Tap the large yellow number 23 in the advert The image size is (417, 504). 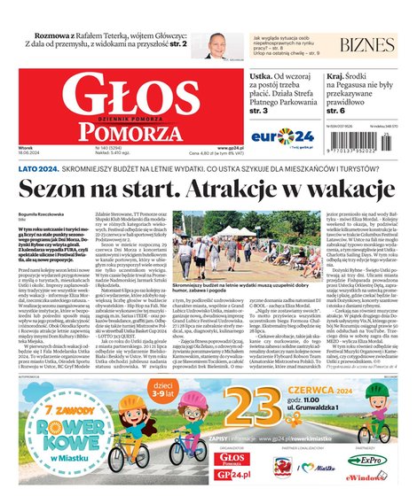(x=245, y=402)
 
